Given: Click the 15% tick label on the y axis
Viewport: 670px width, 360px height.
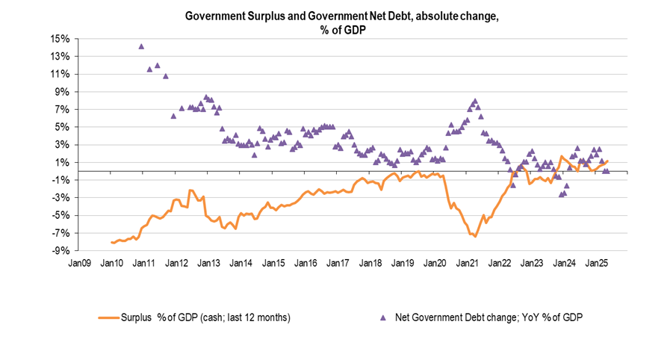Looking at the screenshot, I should click(x=61, y=39).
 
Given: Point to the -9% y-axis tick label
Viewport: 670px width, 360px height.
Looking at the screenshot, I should click(x=61, y=251).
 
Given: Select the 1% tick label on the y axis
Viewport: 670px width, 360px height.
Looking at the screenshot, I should click(x=63, y=163).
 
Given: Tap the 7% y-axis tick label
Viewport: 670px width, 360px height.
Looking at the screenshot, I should click(x=63, y=110).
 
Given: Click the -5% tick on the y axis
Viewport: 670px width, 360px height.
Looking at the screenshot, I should click(x=61, y=216).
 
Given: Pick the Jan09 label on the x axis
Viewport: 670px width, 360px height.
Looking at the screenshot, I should click(x=80, y=264).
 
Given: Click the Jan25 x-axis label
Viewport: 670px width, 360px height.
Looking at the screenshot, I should click(x=596, y=264).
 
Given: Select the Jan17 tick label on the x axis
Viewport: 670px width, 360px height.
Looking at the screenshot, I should click(x=338, y=264).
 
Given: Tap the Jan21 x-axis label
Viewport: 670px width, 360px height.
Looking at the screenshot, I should click(x=468, y=264).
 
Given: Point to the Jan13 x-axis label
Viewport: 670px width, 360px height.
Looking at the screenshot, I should click(x=209, y=264).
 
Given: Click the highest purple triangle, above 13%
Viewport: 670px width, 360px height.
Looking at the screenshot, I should click(x=141, y=46).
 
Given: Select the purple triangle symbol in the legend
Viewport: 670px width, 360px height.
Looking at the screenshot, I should click(x=382, y=317).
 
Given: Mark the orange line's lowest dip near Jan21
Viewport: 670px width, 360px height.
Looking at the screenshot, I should click(x=475, y=237).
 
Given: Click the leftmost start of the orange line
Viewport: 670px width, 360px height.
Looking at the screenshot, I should click(x=111, y=242).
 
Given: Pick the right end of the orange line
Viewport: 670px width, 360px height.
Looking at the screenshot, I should click(x=608, y=161).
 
